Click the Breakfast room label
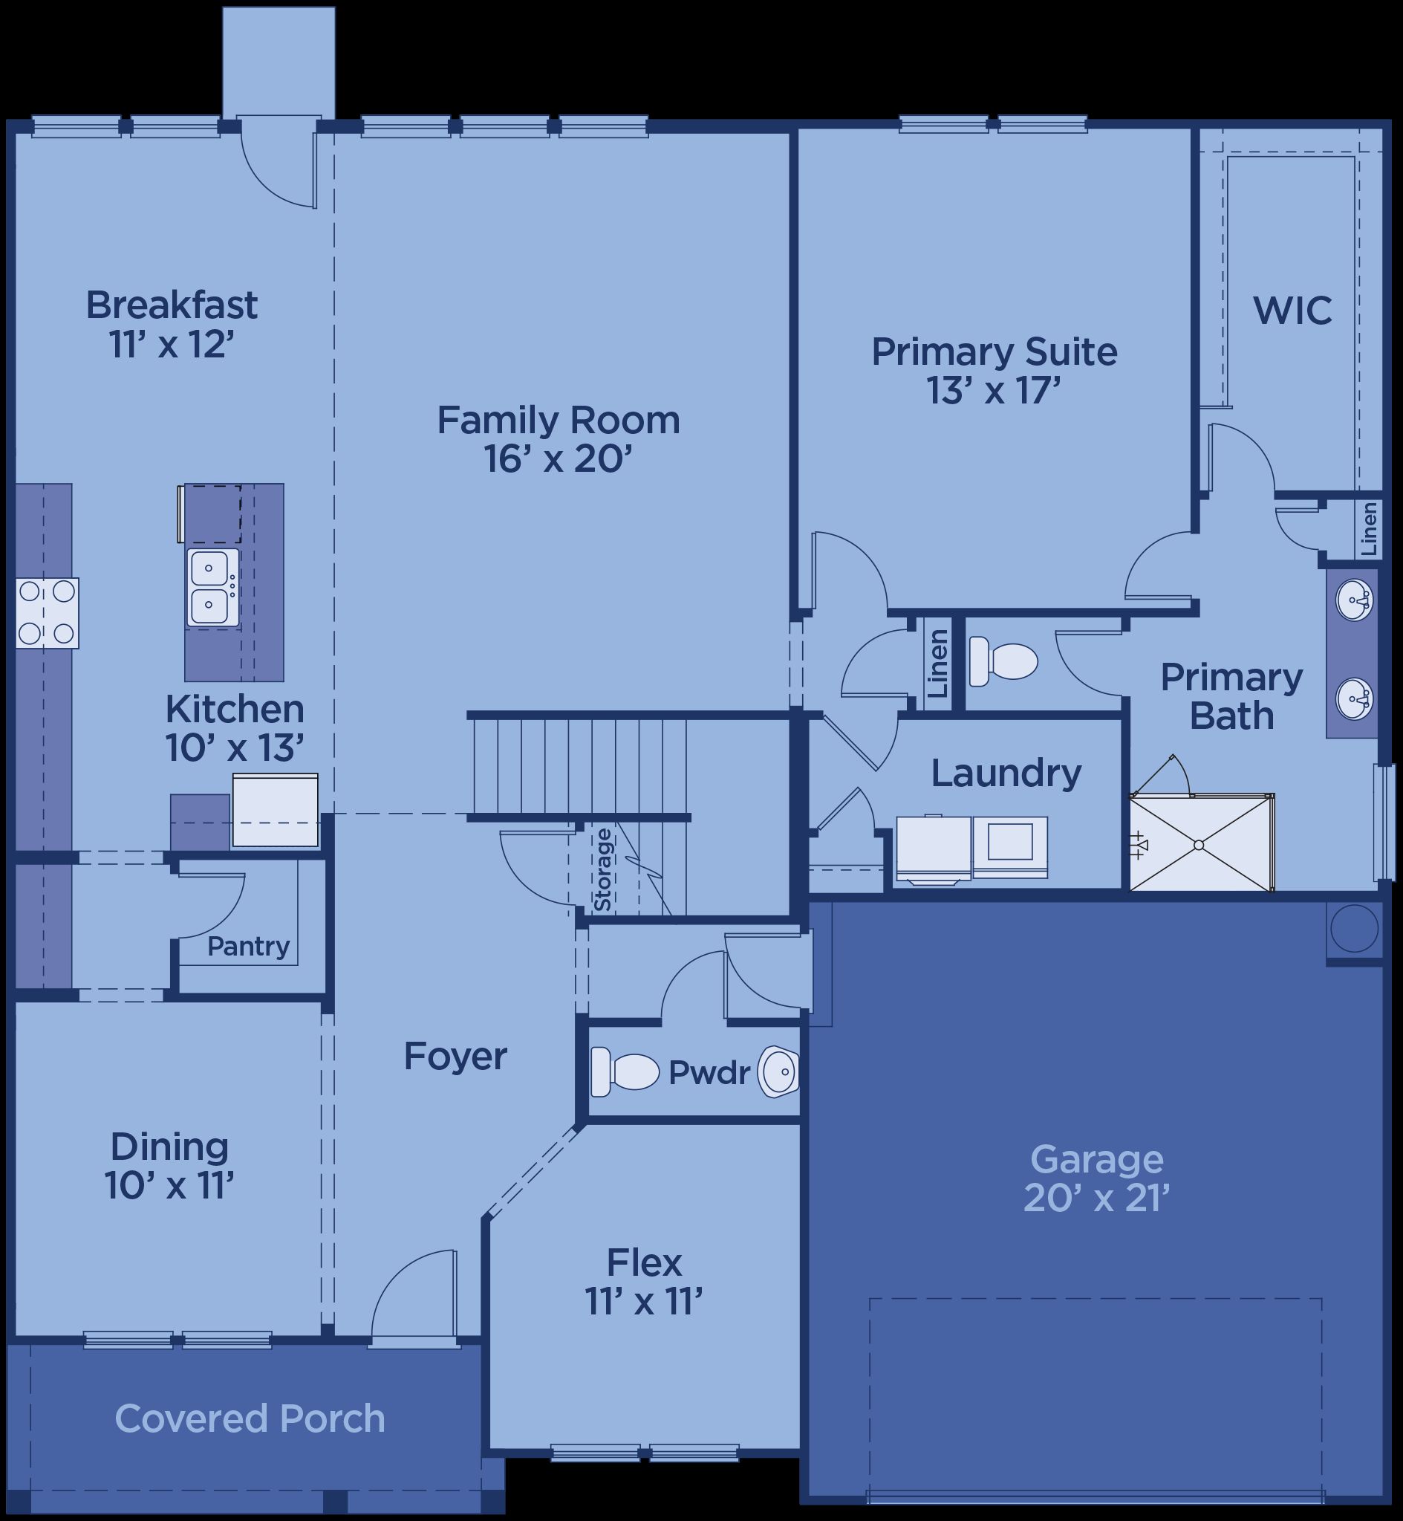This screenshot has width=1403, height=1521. tap(172, 305)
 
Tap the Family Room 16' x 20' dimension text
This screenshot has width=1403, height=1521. tap(558, 458)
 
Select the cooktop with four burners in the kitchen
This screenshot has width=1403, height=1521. tap(47, 613)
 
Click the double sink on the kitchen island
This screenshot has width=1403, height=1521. tap(212, 588)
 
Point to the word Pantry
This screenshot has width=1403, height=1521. tap(248, 946)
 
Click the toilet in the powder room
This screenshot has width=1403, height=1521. tap(625, 1071)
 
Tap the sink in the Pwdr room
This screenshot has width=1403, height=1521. tap(778, 1072)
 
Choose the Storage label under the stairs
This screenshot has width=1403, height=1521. tap(603, 870)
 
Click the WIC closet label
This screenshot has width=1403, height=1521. tap(1292, 311)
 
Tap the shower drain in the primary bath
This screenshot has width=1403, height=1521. tap(1199, 845)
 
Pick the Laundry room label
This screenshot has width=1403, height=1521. tap(1006, 774)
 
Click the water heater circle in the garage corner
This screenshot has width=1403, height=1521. tap(1355, 929)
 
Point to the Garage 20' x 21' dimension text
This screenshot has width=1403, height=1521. tap(1096, 1199)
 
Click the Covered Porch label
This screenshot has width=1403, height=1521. tap(250, 1418)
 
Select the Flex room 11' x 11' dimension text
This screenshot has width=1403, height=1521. tap(644, 1302)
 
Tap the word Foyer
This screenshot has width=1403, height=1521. tap(455, 1057)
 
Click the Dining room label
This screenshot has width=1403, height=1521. tap(169, 1147)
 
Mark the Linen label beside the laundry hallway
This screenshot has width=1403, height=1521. tap(938, 663)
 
